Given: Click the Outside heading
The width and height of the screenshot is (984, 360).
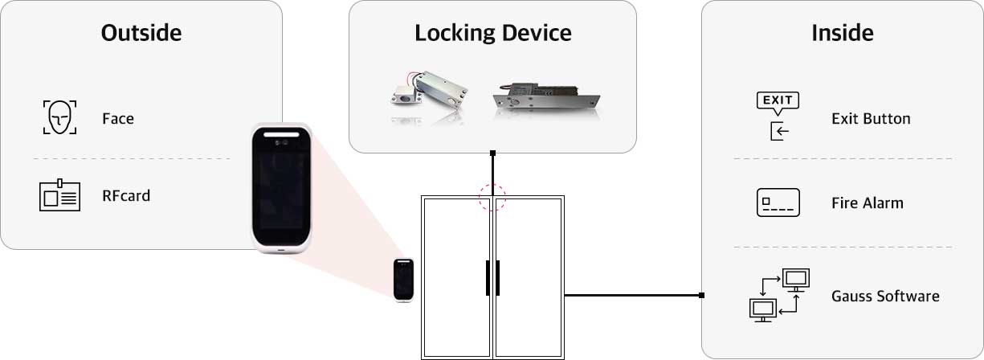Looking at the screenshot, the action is point(141,33).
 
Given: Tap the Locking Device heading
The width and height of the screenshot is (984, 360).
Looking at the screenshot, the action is point(493,33).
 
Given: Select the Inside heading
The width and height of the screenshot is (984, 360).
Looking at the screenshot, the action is point(842,33).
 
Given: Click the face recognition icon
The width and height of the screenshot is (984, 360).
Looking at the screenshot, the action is point(59,117).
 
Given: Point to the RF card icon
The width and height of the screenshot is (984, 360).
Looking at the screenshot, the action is point(59,195).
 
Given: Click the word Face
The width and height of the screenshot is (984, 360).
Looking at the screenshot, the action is point(118,119).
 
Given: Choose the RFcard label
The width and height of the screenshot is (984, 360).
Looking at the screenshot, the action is point(126,195).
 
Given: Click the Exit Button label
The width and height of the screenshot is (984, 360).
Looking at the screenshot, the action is point(871,119).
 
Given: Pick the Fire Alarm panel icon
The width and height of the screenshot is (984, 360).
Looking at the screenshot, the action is point(778,202).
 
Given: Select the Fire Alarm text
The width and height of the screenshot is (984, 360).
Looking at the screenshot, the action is point(868,203).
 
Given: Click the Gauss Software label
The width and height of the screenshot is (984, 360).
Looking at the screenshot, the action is point(885,297).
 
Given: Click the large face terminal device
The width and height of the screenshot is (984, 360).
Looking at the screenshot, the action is point(282,189).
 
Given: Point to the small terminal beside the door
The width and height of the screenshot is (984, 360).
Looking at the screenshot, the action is point(403,280).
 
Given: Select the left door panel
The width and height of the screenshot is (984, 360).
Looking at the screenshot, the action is point(456,277).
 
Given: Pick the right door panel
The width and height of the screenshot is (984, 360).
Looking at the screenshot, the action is point(529,277).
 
